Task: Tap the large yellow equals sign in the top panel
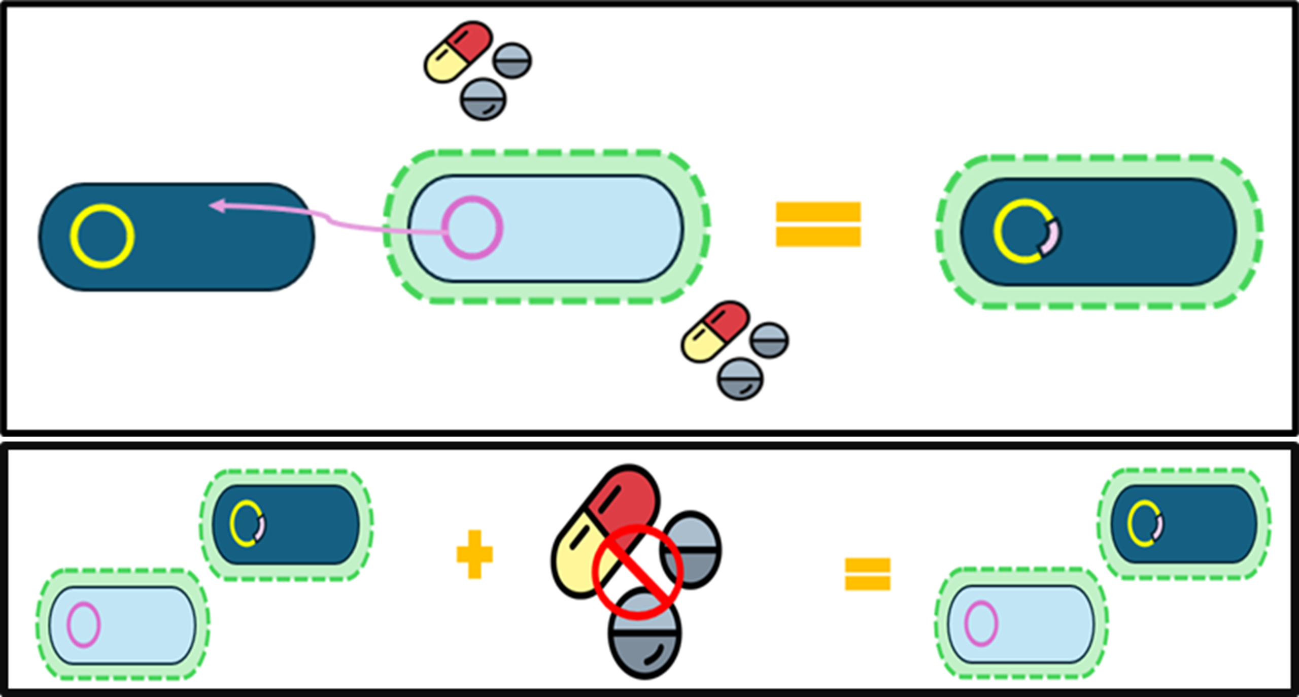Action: coord(818,224)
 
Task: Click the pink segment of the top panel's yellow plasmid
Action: coord(1051,238)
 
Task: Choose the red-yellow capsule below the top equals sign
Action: coord(715,331)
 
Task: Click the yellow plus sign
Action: coord(474,554)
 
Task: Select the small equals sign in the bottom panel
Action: coord(867,574)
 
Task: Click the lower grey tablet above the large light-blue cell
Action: coord(483,99)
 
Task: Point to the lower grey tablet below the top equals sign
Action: coord(740,379)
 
